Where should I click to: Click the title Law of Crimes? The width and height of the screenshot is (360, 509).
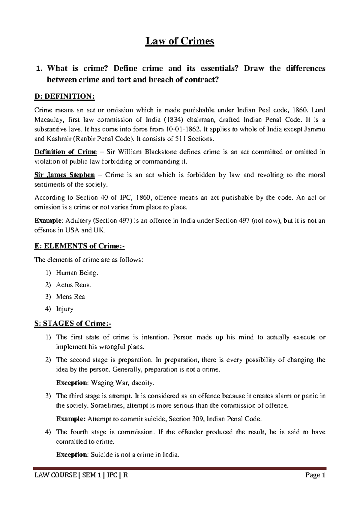tap(180, 41)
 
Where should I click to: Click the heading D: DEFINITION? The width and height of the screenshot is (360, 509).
tap(64, 96)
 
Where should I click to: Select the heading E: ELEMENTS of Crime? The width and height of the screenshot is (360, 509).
tap(79, 246)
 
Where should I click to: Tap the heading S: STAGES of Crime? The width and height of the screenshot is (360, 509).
tap(73, 324)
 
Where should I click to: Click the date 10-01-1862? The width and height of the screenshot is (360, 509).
tap(182, 129)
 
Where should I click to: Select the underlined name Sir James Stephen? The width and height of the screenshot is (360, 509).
tap(64, 175)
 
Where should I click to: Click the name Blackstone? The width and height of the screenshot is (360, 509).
tap(161, 152)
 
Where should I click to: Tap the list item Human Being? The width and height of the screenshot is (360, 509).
tap(77, 273)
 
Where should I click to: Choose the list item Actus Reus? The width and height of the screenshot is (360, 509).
tap(73, 285)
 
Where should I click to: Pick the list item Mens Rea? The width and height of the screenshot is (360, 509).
tap(70, 297)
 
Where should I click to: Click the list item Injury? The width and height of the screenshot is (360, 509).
tap(65, 309)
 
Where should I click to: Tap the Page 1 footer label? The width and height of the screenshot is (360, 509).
tap(315, 475)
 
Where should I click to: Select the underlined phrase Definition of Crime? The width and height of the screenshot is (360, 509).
tap(65, 152)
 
